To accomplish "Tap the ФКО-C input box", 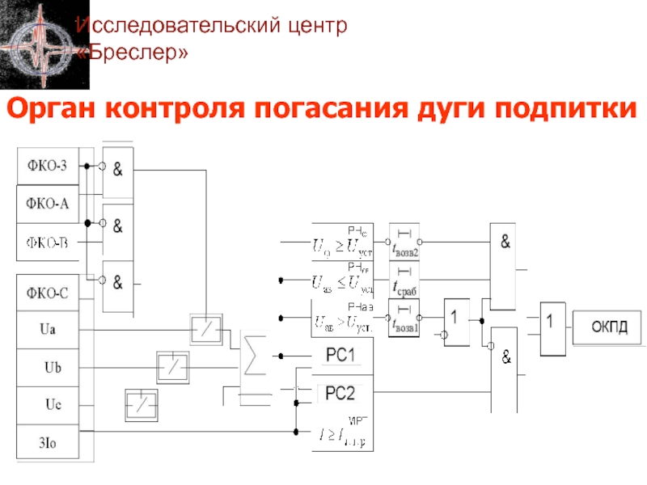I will [48, 293].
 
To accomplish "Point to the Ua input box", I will [48, 330].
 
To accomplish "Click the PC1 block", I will [341, 355].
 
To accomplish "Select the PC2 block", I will [341, 394].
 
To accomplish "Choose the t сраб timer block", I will [405, 280].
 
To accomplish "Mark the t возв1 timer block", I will [405, 318].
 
